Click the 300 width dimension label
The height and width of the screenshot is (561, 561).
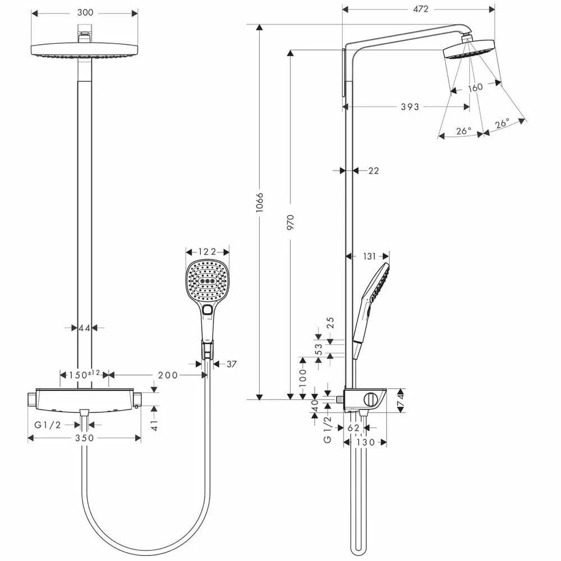coord(85,13)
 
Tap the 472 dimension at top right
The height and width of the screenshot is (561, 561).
coord(420,9)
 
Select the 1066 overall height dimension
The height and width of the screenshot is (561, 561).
coord(260,203)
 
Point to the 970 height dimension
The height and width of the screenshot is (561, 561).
coord(290,222)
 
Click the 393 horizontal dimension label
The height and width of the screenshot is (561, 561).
coord(410,107)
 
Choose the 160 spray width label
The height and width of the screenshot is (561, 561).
coord(475,88)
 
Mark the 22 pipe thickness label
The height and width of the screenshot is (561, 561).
coord(373,171)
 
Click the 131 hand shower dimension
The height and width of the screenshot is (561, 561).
coord(369,256)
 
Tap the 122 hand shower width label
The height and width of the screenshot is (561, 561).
coord(207,252)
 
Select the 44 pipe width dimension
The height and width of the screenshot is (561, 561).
coord(85,328)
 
